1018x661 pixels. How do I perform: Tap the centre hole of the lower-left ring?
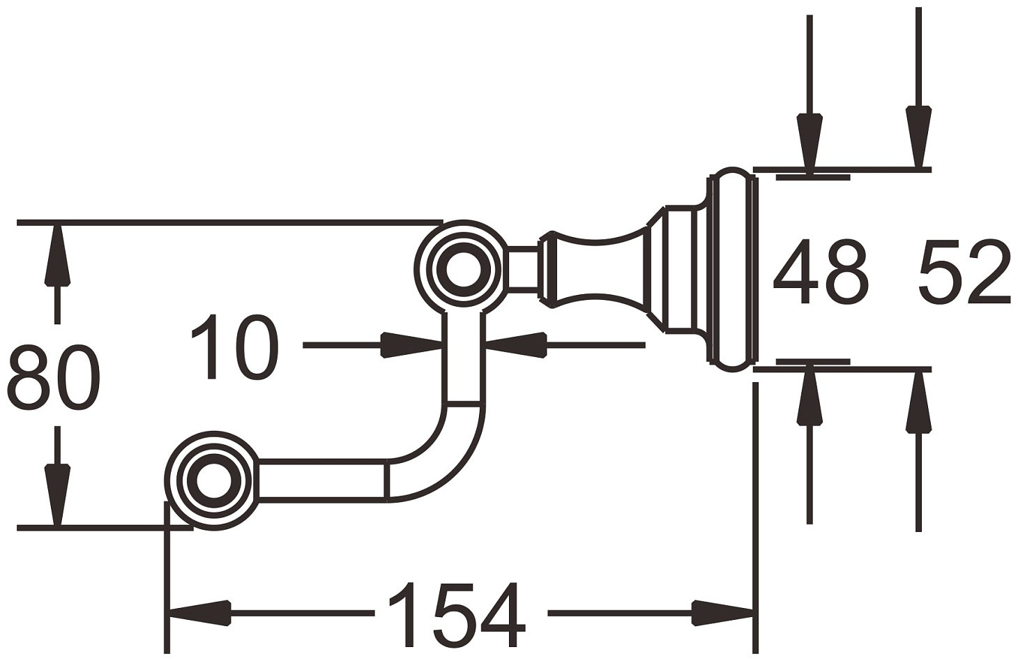tap(213, 481)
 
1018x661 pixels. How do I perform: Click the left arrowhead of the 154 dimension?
tap(200, 613)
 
